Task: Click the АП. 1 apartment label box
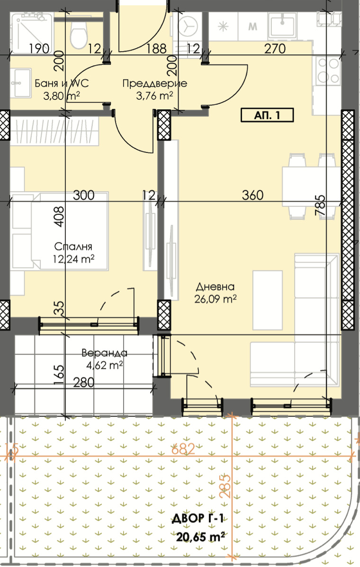click(x=267, y=115)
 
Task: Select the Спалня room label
click(x=73, y=247)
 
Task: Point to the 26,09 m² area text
click(x=216, y=299)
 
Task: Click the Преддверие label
click(x=154, y=83)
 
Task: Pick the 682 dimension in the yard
click(x=183, y=449)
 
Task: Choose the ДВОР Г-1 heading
click(x=197, y=519)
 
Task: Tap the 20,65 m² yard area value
click(x=200, y=537)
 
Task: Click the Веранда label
click(x=104, y=353)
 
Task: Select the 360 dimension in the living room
click(x=252, y=195)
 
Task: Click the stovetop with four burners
click(x=329, y=70)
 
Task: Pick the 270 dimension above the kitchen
click(x=275, y=48)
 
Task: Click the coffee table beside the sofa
click(x=267, y=300)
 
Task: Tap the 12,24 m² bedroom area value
click(x=73, y=259)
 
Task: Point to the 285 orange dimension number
click(x=225, y=486)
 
